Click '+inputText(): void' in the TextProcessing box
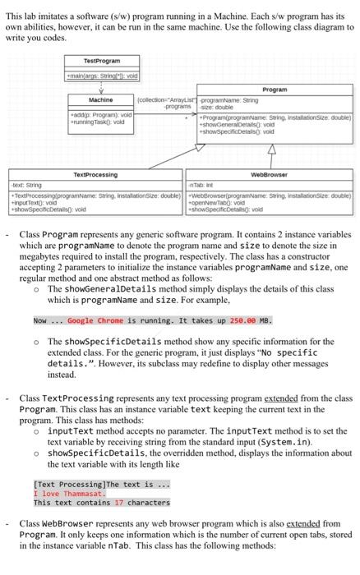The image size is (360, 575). point(30,205)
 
